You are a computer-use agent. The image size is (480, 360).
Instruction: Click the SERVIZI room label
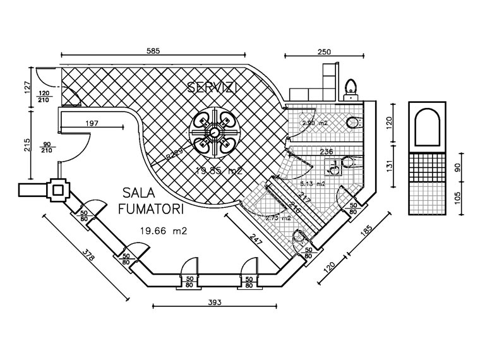[212, 88]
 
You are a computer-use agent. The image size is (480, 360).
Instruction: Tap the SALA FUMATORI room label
[153, 200]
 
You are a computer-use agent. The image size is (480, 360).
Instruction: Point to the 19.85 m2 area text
[218, 171]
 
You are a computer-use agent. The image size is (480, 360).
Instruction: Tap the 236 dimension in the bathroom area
[327, 152]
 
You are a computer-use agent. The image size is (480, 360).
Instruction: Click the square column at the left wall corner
[60, 190]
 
